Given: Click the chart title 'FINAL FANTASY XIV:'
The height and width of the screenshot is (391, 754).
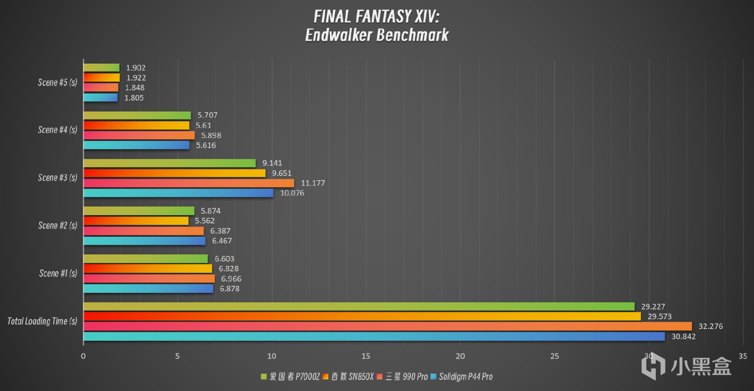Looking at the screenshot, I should (x=377, y=17).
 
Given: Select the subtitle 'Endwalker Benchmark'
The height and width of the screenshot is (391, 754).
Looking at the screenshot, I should (x=377, y=35).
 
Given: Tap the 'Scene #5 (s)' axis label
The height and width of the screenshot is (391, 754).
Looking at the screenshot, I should (x=57, y=82).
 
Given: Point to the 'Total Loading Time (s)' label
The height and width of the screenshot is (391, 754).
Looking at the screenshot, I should (x=42, y=321).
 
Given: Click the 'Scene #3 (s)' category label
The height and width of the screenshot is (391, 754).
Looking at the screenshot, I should (x=57, y=178).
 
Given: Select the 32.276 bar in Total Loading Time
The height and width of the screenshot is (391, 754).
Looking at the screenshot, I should (x=387, y=326).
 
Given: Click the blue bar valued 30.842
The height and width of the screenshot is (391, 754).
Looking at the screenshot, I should (x=374, y=336).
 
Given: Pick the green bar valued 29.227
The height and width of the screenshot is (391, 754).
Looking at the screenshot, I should (x=359, y=306).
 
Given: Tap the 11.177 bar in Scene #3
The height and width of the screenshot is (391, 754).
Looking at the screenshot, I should (x=188, y=183).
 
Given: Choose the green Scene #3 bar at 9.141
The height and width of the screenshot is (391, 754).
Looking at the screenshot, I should (x=169, y=163).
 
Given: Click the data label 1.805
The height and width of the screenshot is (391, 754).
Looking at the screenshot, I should (x=134, y=98).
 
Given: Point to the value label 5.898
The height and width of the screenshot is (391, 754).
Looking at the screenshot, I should (x=211, y=136).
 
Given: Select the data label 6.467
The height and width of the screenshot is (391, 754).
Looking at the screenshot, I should (x=222, y=241).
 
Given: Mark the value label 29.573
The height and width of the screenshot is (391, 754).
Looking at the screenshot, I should (x=659, y=316).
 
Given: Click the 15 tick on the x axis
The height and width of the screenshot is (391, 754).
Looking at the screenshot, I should (x=366, y=356).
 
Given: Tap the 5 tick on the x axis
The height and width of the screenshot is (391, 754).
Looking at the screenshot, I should (x=177, y=356).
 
